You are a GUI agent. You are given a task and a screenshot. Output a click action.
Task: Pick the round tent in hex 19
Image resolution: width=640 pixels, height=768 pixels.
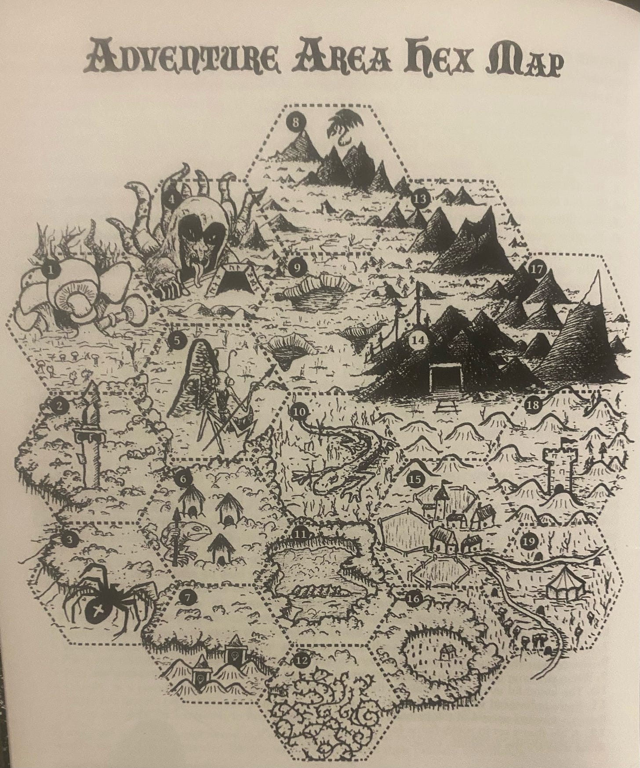pos(564,585)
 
